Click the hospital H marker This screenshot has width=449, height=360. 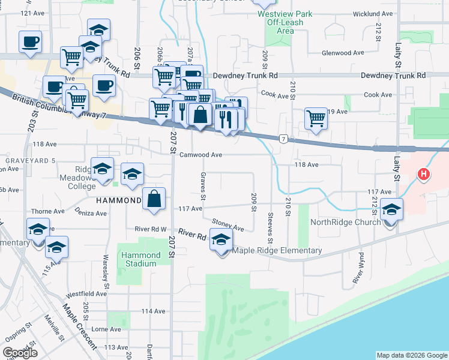point(424,175)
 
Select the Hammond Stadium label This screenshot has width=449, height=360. point(141,259)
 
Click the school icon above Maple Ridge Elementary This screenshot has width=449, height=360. point(221,238)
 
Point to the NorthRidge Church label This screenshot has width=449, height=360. point(345,222)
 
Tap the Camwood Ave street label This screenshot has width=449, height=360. point(201,155)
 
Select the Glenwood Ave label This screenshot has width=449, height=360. point(343,53)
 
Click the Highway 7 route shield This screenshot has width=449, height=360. point(283,139)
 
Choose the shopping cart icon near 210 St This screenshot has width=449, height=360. point(315,118)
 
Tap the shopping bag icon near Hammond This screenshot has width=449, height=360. point(154,199)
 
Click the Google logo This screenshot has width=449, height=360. point(20,353)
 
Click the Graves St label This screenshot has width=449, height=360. point(203,188)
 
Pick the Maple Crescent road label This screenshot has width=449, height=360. point(79,326)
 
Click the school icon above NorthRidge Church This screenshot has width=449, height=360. point(391,209)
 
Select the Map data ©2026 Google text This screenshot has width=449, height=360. point(412,355)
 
